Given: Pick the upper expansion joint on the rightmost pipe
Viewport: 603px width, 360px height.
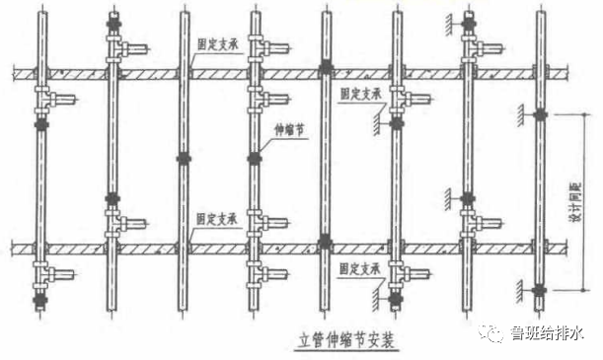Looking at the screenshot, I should [539, 115].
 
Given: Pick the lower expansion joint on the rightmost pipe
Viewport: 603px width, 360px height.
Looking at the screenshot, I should [539, 290].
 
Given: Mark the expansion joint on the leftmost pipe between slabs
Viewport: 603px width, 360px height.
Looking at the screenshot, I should [40, 127].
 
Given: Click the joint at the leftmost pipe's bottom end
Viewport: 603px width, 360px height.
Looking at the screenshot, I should [40, 299].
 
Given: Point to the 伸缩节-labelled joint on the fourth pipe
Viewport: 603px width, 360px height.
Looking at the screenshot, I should [254, 157].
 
